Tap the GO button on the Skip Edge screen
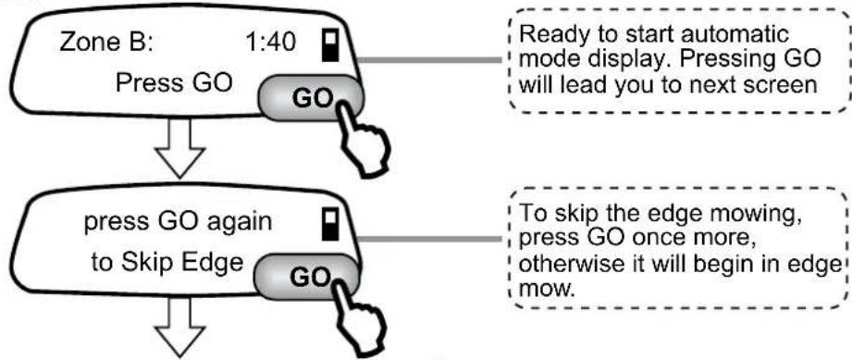[x=308, y=277]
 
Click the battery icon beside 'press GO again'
[x=328, y=223]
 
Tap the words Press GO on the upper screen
[x=174, y=83]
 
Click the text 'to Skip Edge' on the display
[x=167, y=264]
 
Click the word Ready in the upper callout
[x=551, y=36]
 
